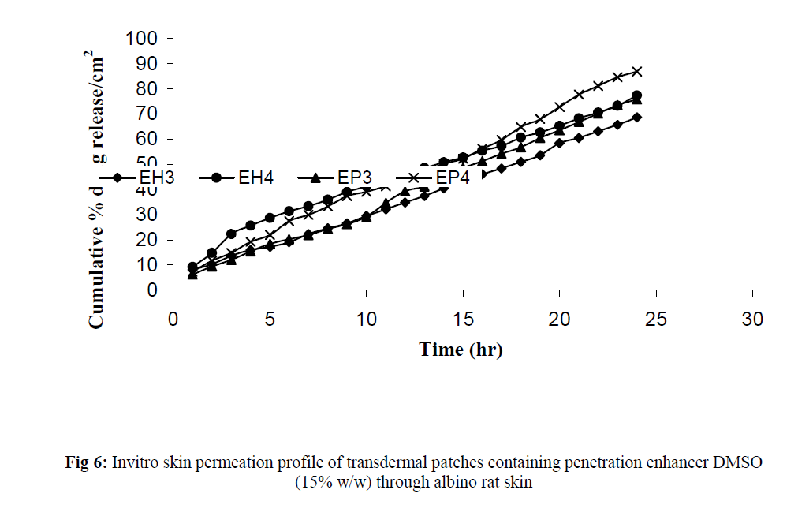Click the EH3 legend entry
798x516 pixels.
pyautogui.click(x=147, y=178)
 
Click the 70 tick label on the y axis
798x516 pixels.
pyautogui.click(x=148, y=114)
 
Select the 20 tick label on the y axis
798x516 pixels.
pyautogui.click(x=148, y=240)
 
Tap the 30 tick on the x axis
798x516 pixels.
pyautogui.click(x=753, y=320)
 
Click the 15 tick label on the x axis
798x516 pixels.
pyautogui.click(x=463, y=320)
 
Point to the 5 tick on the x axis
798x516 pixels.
pyautogui.click(x=270, y=320)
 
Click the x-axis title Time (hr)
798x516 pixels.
pyautogui.click(x=461, y=349)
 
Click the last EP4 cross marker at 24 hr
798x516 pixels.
pyautogui.click(x=637, y=72)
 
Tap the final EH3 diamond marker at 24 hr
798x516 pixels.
pyautogui.click(x=637, y=118)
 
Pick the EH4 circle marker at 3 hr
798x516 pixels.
pyautogui.click(x=231, y=234)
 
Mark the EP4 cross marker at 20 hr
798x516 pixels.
pyautogui.click(x=560, y=107)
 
